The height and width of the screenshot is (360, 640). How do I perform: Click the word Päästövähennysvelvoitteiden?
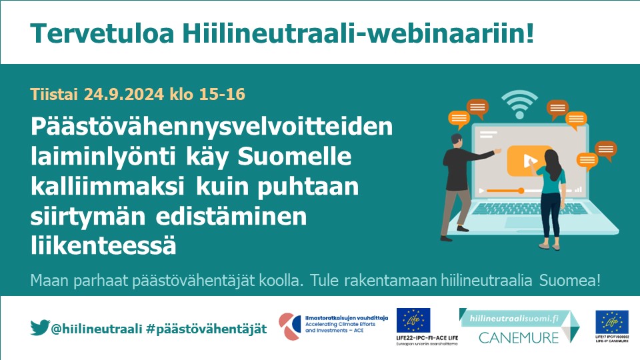pyautogui.click(x=213, y=128)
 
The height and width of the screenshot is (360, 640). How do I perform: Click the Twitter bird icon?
pyautogui.click(x=40, y=328)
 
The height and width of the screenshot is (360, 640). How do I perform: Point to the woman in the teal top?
pyautogui.click(x=553, y=193)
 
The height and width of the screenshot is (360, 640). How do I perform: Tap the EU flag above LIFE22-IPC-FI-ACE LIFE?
pyautogui.click(x=413, y=320)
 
